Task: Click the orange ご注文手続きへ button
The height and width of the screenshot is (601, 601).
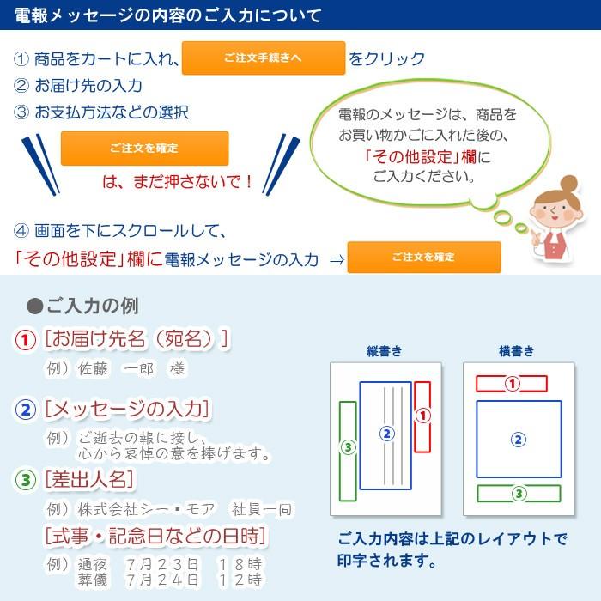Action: tap(263, 58)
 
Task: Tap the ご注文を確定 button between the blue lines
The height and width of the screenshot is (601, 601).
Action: tap(144, 149)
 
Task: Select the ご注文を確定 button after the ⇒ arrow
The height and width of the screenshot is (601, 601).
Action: tap(423, 258)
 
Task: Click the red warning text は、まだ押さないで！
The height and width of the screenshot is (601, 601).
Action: tap(178, 182)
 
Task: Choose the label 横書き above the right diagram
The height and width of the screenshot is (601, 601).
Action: tap(517, 351)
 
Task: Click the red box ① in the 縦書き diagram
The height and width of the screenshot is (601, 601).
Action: tap(422, 416)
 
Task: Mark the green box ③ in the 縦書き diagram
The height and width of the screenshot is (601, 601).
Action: tap(348, 449)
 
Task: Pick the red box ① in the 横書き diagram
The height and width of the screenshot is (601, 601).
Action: tap(512, 384)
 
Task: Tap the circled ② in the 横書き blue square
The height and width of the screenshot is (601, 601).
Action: tap(518, 440)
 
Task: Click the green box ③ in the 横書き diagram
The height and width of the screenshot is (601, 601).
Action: tap(518, 494)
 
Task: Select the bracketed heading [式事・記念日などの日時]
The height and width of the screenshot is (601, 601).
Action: tap(155, 537)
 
